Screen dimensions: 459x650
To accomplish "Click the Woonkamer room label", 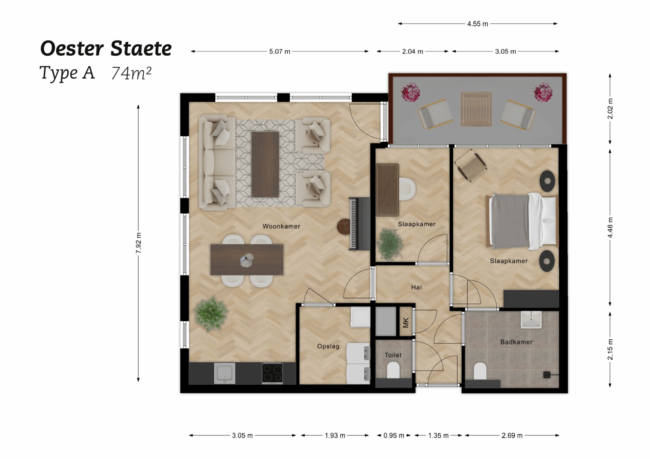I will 281,226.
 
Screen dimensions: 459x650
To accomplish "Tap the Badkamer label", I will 516,342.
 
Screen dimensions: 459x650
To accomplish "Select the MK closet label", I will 405,323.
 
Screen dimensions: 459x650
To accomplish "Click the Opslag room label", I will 328,346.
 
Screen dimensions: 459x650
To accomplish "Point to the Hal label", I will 416,287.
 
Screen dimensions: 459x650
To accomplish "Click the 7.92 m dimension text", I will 139,243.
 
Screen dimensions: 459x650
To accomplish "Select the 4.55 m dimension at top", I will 477,24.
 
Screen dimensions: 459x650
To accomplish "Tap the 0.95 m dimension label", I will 393,435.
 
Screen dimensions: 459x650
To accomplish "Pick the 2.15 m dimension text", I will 610,349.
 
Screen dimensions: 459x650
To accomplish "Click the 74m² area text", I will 131,73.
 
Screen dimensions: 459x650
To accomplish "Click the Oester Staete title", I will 106,48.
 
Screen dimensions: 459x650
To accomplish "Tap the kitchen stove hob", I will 272,373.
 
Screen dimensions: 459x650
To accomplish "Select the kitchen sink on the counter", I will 224,373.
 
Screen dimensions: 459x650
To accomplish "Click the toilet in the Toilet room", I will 393,370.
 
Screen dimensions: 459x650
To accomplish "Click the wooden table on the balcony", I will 476,109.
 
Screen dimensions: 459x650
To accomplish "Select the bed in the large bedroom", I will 522,220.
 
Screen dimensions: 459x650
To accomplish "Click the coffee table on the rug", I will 265,164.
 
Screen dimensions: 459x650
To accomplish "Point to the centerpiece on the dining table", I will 247,260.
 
